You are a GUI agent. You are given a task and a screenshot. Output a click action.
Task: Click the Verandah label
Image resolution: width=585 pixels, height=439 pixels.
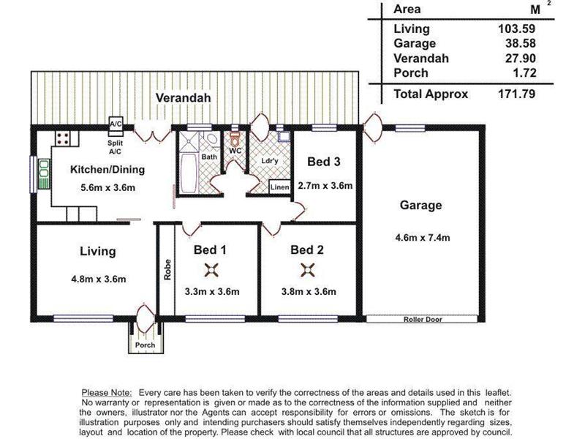point(184,98)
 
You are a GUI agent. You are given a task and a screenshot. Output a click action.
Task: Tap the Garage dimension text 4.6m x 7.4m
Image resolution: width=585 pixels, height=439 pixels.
point(423,237)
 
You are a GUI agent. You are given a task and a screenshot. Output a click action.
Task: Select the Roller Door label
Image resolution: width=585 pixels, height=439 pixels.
point(423,319)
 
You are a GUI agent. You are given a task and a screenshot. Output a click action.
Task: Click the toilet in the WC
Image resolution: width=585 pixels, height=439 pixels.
point(235,139)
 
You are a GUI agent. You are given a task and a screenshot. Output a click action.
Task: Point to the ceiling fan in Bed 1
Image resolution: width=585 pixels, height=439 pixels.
point(211,270)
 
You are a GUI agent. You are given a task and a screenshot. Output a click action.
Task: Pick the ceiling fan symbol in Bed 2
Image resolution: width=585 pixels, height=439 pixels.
point(308,270)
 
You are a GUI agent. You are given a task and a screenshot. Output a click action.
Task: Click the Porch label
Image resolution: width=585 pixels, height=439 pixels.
point(145,345)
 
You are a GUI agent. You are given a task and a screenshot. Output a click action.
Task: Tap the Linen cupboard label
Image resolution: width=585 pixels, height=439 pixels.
point(279,187)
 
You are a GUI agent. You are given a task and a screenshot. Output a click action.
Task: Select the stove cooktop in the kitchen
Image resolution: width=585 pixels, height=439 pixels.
point(63,138)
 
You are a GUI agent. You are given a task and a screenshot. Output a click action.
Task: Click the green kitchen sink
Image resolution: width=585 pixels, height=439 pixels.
point(44,173)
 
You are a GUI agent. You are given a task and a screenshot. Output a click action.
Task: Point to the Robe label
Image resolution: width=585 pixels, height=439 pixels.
point(167,269)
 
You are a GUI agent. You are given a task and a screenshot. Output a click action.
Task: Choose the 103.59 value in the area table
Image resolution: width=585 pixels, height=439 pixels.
point(517,29)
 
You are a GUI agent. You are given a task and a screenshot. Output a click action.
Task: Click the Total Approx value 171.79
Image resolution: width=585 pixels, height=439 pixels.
point(517,94)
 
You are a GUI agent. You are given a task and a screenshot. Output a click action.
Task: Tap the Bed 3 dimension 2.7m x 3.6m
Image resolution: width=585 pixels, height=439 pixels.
point(325,186)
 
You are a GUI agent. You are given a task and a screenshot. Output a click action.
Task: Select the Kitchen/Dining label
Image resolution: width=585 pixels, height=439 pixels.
point(107,170)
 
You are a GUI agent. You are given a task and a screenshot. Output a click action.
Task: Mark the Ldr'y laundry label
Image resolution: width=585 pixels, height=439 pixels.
point(269,161)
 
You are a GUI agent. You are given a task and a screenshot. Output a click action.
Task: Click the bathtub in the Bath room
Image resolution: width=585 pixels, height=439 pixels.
point(189,173)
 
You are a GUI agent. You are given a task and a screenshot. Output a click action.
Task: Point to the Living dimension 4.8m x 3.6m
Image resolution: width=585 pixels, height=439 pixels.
point(99,279)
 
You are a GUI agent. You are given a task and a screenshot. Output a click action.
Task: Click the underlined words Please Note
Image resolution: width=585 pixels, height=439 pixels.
point(107,393)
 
